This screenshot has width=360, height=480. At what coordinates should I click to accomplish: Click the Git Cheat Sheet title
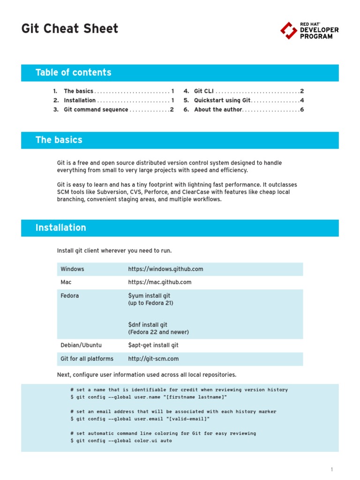point(70,29)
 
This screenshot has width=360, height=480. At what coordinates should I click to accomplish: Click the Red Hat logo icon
point(288,30)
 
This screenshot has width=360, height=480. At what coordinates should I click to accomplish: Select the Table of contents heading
point(74,73)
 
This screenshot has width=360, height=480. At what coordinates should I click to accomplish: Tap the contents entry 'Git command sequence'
point(96,110)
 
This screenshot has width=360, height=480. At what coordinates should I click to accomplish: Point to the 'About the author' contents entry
point(218,110)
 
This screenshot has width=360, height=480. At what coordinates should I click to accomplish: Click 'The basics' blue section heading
point(59,140)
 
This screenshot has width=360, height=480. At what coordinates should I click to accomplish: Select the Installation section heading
point(61,228)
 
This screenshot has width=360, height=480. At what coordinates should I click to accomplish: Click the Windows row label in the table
point(72,269)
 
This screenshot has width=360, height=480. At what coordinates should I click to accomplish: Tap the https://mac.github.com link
point(160,282)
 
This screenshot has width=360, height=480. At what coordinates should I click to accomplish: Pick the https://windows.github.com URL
point(165,269)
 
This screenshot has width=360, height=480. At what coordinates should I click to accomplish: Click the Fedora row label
point(70,296)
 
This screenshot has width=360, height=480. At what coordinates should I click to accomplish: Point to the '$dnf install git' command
point(148,324)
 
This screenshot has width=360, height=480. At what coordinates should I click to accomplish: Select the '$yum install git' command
point(149,296)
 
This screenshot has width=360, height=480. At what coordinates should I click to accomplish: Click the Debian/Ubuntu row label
point(81,345)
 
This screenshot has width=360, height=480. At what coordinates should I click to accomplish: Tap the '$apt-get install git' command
point(153,345)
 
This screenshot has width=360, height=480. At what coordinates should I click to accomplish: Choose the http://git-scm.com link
point(153,359)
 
